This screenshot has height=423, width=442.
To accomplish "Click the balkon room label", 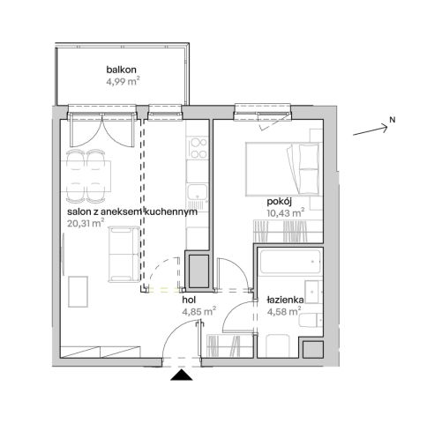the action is (x=121, y=70).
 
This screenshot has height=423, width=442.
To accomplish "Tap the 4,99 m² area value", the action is (x=123, y=81).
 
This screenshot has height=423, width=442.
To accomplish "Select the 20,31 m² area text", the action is (x=86, y=223).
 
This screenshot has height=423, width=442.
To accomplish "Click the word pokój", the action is (x=279, y=202).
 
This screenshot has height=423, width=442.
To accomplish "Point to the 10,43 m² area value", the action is (x=286, y=212).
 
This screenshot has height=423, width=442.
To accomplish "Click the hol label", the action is (x=189, y=301).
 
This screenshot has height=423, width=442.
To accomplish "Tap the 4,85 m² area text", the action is (x=199, y=311).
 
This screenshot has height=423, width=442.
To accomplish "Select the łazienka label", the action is (x=285, y=301).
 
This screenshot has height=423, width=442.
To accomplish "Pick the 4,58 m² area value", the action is (x=284, y=311).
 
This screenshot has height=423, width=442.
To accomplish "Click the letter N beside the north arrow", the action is (x=393, y=120).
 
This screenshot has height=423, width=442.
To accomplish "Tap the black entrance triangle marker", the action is (x=182, y=375).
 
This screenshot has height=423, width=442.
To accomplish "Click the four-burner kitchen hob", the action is (x=198, y=148).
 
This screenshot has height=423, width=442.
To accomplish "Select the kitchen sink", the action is (x=198, y=192).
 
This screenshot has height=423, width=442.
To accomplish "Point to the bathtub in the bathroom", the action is (x=290, y=262).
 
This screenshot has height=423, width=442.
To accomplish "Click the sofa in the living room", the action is (x=124, y=254).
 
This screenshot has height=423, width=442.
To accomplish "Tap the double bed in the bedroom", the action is (x=282, y=169).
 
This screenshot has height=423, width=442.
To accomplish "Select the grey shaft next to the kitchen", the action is (x=199, y=271).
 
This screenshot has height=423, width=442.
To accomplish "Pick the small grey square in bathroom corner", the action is (x=313, y=349).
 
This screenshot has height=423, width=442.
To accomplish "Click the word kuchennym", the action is (x=171, y=211).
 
